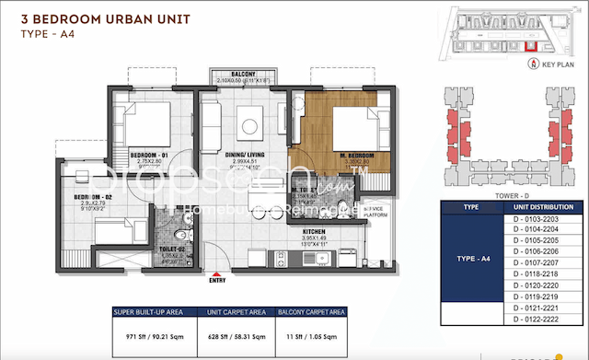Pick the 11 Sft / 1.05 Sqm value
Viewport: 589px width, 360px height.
coord(318,337)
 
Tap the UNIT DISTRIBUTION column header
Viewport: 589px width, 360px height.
coord(540,208)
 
